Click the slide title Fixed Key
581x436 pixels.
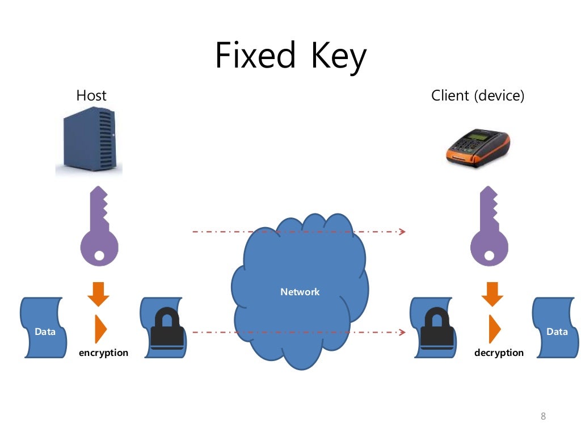coord(290,56)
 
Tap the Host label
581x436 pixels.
coord(91,95)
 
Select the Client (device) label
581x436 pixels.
coord(478,95)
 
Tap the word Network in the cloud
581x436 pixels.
coord(300,292)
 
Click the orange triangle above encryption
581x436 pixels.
coord(100,328)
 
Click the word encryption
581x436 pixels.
coord(103,353)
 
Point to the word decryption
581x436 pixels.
coord(499,353)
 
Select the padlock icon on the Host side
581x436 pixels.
coord(166,329)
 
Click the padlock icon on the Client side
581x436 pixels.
coord(436,329)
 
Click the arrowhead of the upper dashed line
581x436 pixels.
coord(402,232)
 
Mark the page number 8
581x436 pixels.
coord(543,417)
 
